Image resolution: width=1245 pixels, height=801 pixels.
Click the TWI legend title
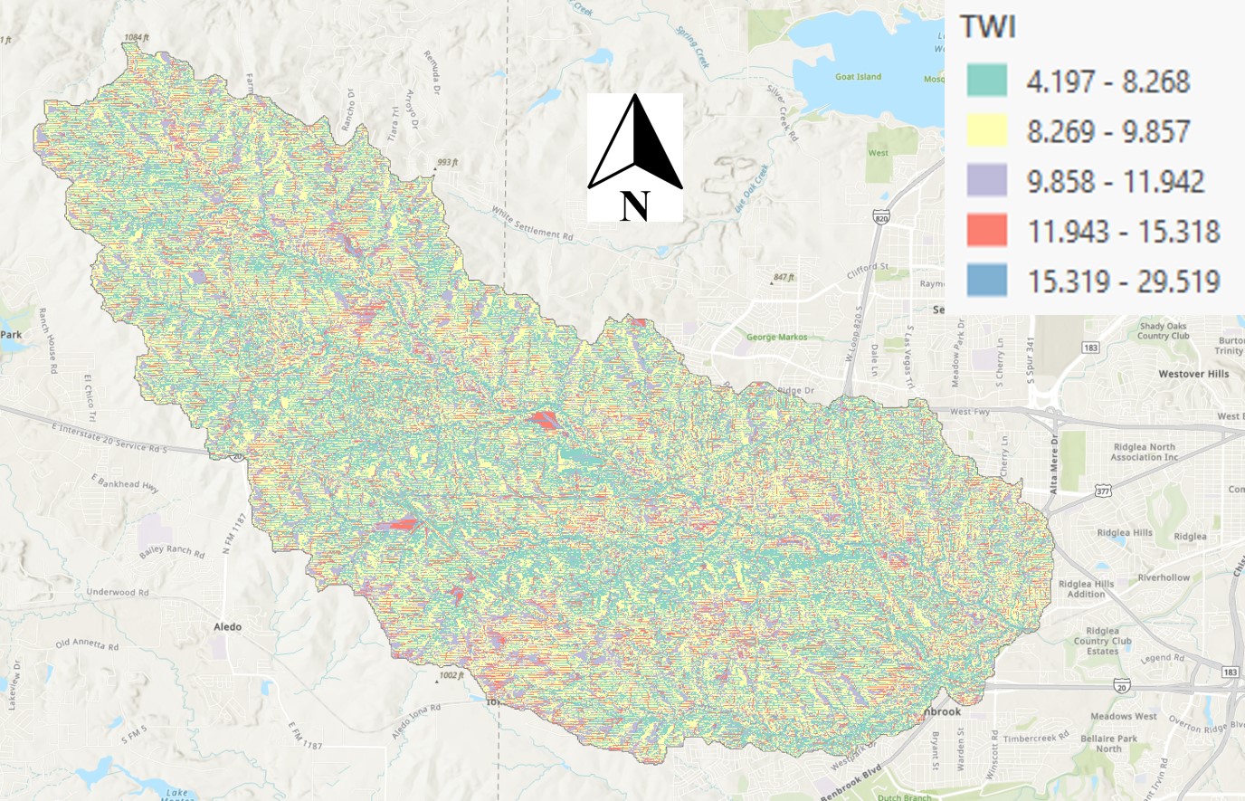click(x=988, y=27)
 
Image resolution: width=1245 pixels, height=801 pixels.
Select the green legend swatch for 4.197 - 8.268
click(x=986, y=81)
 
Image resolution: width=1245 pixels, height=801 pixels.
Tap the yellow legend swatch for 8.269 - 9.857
click(x=986, y=130)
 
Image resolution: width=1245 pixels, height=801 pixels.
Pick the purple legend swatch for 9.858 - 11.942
click(x=986, y=180)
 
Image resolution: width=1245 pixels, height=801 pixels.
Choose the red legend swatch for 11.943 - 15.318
click(x=986, y=230)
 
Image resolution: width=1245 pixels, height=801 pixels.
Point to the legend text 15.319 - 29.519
click(x=1123, y=281)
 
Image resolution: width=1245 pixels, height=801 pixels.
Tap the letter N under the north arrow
click(x=634, y=206)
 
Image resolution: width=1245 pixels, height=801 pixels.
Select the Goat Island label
click(x=858, y=77)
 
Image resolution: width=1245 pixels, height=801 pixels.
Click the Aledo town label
click(x=227, y=626)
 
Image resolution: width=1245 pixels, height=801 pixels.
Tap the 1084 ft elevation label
click(x=137, y=38)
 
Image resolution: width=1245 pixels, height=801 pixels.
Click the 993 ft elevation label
click(x=447, y=163)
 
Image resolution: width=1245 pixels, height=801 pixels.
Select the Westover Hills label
click(x=1193, y=374)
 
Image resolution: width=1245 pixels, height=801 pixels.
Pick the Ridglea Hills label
click(x=1124, y=533)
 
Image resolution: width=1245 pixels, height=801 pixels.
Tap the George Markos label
click(x=776, y=337)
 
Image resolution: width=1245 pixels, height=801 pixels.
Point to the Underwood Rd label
click(x=117, y=592)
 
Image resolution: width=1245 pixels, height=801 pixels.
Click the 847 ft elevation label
click(x=784, y=277)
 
